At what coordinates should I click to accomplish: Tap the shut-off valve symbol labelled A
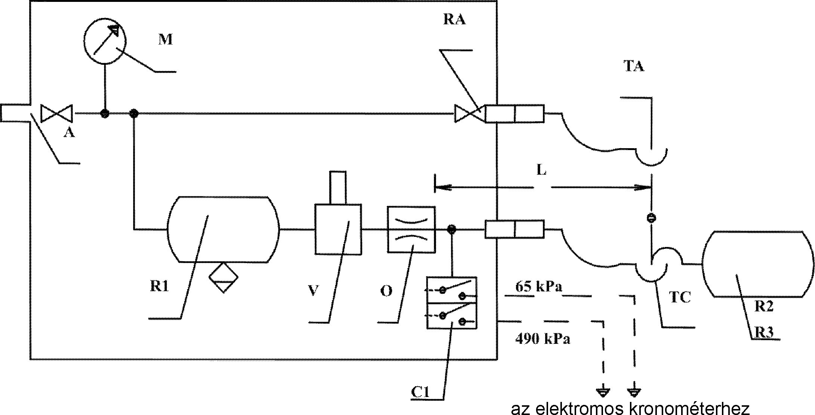point(56,113)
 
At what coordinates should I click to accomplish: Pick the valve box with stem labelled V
point(338,229)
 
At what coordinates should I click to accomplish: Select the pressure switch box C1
point(452,303)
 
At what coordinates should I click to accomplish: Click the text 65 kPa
point(538,287)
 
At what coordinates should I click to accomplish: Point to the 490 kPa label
point(542,339)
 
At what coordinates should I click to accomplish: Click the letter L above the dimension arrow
point(541,170)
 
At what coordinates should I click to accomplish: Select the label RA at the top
point(454,19)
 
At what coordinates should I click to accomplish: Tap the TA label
point(634,66)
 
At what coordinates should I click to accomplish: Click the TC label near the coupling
point(680,297)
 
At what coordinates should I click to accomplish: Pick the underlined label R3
point(764,332)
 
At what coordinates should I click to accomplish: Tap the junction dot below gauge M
point(105,113)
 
